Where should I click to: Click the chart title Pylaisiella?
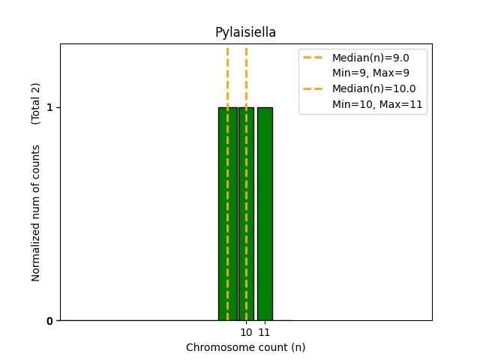click(x=245, y=32)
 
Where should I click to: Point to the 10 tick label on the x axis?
click(x=246, y=331)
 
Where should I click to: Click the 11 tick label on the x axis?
click(x=265, y=331)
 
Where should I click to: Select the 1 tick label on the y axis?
click(x=49, y=107)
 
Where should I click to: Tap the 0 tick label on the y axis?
click(x=49, y=321)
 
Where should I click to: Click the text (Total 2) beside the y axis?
click(x=36, y=103)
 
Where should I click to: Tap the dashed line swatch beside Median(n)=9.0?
click(x=313, y=58)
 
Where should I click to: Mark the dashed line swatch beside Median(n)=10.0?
click(x=313, y=88)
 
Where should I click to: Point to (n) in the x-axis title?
click(x=298, y=347)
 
